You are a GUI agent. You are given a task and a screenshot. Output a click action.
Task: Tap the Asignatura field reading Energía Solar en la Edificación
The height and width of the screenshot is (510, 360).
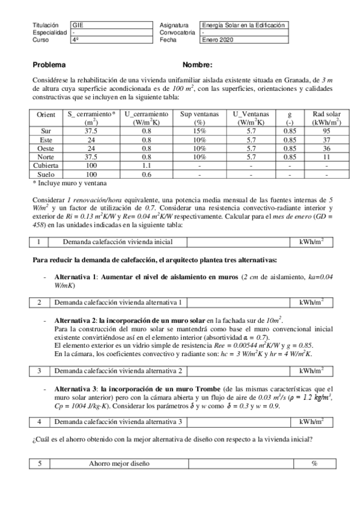pos(243,25)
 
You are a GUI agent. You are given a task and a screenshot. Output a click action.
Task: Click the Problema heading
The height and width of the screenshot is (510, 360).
pos(49,65)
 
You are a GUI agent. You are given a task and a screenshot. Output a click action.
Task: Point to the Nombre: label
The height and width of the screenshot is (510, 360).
pos(197,65)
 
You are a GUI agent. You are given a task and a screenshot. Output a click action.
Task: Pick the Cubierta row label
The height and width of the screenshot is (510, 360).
pos(46,165)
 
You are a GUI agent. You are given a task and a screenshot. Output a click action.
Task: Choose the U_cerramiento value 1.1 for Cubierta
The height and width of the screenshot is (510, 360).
pos(146,165)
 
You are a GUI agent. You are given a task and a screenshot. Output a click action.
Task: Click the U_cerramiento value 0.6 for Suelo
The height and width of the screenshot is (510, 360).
pos(146,174)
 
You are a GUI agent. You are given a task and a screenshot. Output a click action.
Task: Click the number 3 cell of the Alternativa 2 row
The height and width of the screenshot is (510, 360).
pos(39,370)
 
